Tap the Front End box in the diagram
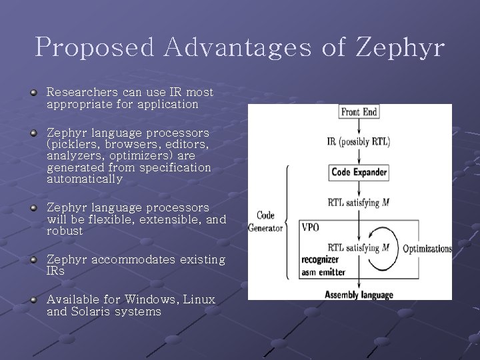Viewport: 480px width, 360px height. click(359, 112)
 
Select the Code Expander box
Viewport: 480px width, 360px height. click(359, 173)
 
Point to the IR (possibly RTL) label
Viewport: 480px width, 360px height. click(359, 141)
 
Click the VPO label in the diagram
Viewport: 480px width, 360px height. click(311, 227)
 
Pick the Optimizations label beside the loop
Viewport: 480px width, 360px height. click(427, 249)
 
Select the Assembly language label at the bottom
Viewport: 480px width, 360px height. click(359, 295)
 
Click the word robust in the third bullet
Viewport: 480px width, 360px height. click(65, 231)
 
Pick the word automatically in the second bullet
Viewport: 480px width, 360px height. click(85, 179)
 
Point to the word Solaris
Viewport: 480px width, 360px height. click(91, 311)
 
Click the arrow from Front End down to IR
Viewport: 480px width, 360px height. click(359, 127)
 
